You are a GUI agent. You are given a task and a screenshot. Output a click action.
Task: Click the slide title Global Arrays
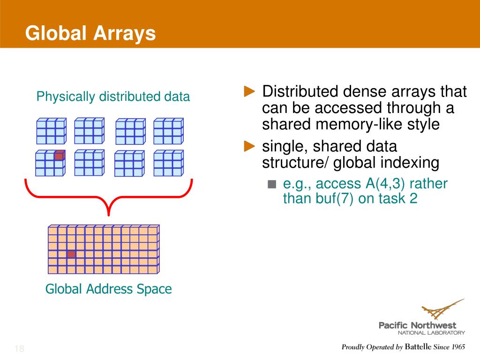(x=90, y=33)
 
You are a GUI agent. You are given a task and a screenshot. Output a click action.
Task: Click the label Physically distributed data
(x=113, y=97)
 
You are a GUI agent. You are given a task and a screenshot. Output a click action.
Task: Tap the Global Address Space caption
(x=108, y=289)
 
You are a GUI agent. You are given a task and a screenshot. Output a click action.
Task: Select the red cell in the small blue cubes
(x=59, y=156)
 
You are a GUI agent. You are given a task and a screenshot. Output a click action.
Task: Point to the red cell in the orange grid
(x=71, y=254)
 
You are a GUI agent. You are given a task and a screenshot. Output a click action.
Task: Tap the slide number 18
(x=19, y=349)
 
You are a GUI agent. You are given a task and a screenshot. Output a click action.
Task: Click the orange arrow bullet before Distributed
(x=250, y=90)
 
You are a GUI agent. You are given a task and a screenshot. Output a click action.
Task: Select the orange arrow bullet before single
(x=250, y=146)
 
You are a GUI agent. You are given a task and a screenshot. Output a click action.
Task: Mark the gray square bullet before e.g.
(x=272, y=184)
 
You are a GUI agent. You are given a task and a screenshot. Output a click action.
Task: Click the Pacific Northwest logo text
(x=417, y=325)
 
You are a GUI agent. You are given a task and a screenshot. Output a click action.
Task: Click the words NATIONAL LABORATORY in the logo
(x=431, y=333)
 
